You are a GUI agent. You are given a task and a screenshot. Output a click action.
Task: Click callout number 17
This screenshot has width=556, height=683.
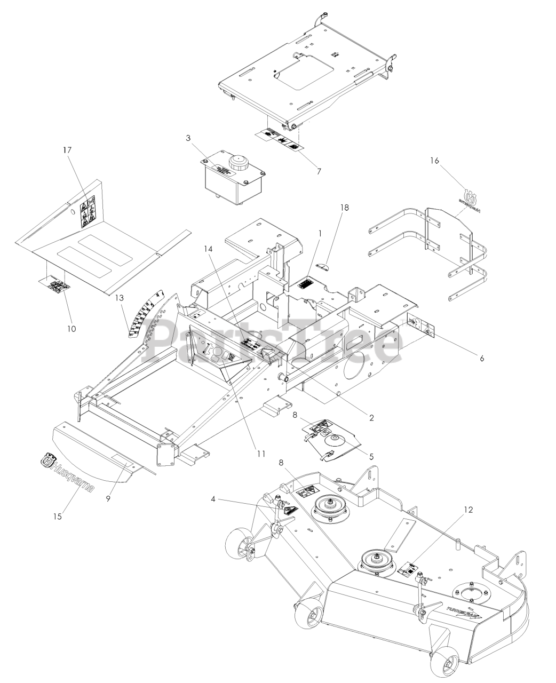[x=67, y=150]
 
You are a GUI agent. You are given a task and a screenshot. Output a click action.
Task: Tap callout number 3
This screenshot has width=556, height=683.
[x=188, y=138]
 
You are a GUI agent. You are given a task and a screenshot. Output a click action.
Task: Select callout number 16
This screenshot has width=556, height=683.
[x=435, y=161]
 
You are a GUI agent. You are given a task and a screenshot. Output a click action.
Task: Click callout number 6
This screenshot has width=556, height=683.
[x=481, y=359]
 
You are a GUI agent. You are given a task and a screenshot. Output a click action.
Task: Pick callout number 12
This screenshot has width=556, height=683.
[x=468, y=509]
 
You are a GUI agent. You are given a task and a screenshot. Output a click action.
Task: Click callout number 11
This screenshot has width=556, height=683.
[x=260, y=454]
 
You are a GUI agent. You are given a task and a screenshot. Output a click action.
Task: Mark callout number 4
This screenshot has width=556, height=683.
[x=213, y=500]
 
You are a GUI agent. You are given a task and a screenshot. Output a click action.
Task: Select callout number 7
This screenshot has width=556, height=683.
[x=319, y=171]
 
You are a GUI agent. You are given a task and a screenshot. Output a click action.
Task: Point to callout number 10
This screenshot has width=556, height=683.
[x=71, y=329]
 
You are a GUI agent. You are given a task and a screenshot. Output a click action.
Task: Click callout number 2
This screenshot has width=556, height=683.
[x=386, y=418]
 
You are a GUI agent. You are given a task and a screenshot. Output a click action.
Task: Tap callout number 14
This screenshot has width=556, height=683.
[x=209, y=248]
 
